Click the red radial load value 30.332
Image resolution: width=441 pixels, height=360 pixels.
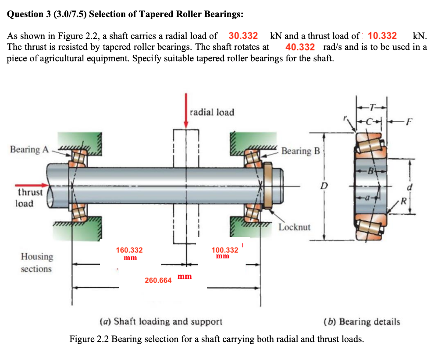(x=243, y=35)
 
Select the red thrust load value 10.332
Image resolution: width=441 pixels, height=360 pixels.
(x=382, y=35)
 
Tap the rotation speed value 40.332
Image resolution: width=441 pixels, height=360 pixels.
(x=300, y=47)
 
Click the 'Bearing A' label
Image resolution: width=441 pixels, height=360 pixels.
(x=29, y=149)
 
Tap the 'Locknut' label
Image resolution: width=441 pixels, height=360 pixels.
(x=294, y=227)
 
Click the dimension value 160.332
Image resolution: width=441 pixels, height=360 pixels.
(x=129, y=250)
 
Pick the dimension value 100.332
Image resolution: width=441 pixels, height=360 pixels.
(x=225, y=250)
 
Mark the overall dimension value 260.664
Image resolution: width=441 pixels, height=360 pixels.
(x=158, y=280)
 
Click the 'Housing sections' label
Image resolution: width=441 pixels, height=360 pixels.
(x=37, y=262)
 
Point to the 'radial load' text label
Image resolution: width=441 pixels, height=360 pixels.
(x=212, y=112)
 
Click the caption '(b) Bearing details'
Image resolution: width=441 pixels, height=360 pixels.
(x=361, y=322)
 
